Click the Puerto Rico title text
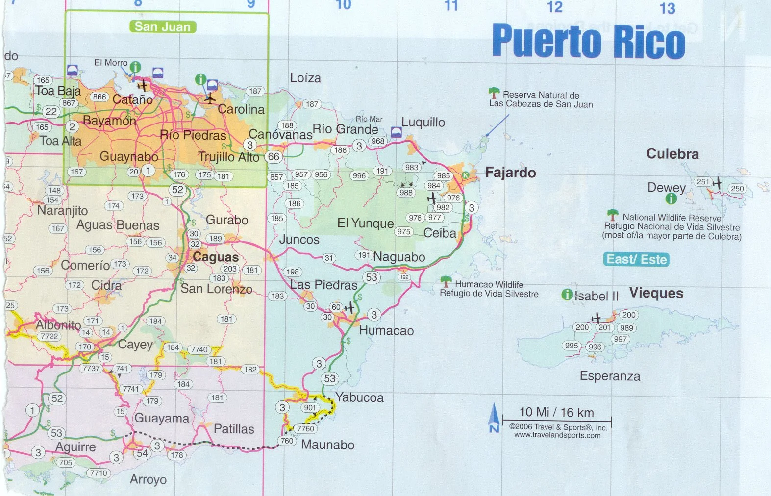tap(588, 41)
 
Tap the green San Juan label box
tap(163, 26)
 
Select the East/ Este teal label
tap(636, 259)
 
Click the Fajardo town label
tap(510, 173)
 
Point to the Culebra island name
tap(672, 154)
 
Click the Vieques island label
tap(656, 293)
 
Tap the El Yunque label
tap(365, 223)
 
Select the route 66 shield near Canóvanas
tap(274, 157)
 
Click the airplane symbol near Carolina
tap(210, 99)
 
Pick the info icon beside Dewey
tap(671, 198)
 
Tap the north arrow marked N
tap(494, 418)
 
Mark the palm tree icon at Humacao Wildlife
tap(446, 281)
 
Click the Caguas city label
tap(216, 257)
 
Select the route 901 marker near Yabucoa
tap(310, 407)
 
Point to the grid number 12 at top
tap(554, 7)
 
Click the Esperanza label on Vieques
tap(610, 376)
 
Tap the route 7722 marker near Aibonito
tap(49, 336)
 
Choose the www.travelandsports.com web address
tap(557, 435)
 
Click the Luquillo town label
tap(423, 122)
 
